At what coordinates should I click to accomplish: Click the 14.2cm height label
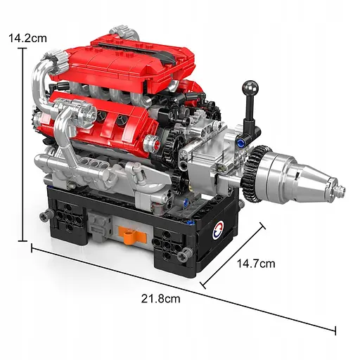(27, 39)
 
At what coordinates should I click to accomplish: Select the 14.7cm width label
(255, 264)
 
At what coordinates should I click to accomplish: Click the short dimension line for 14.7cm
(233, 255)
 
